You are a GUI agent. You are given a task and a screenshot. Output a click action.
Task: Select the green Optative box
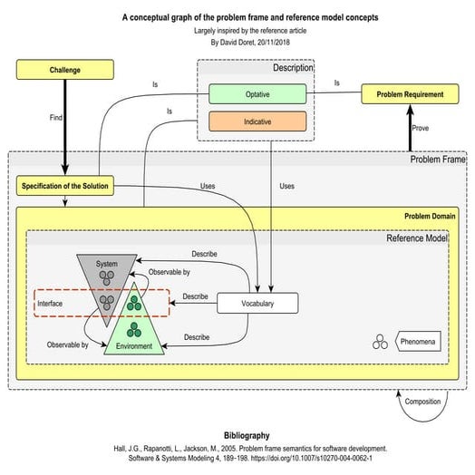(x=257, y=93)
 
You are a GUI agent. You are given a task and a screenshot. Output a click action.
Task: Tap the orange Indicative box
(x=257, y=121)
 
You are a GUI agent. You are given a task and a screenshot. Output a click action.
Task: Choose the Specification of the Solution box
(x=65, y=187)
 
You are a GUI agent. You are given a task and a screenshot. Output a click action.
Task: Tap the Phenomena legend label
(x=418, y=343)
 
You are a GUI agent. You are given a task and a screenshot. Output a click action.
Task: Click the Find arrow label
(x=56, y=117)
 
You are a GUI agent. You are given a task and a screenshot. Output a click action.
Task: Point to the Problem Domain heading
(x=429, y=218)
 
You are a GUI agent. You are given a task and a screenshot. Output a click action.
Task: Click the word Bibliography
(x=237, y=434)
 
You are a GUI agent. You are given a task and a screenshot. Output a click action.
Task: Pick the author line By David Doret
(x=237, y=41)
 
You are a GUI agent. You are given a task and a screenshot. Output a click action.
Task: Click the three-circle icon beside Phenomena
(x=380, y=343)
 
